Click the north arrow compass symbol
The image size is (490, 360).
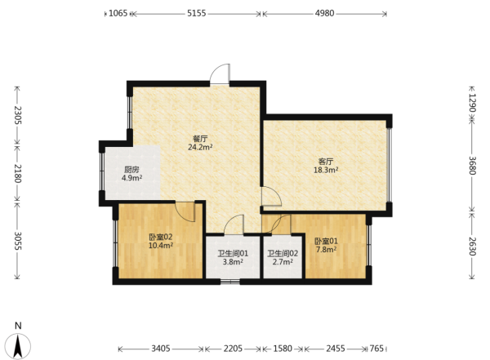[18, 345]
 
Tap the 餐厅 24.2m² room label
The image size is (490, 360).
[200, 143]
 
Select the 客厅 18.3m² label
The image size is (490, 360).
[326, 166]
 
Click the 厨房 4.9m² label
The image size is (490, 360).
[131, 174]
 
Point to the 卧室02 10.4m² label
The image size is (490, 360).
[161, 241]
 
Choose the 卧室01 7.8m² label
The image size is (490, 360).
[326, 245]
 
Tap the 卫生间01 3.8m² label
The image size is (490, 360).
[233, 257]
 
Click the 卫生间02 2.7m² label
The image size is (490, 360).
[283, 257]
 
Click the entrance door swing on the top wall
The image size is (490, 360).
[220, 74]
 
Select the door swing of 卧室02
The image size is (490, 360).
[185, 212]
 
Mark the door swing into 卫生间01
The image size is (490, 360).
[234, 224]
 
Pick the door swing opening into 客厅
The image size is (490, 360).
[272, 196]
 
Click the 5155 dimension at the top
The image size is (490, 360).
[197, 13]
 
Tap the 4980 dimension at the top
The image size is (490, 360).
[324, 13]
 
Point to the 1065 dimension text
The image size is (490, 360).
[118, 13]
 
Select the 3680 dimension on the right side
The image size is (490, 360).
[472, 166]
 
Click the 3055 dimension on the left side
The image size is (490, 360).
[17, 241]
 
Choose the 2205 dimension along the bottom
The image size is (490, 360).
[233, 349]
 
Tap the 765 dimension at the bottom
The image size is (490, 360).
[376, 349]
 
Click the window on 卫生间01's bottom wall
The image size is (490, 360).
[230, 282]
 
